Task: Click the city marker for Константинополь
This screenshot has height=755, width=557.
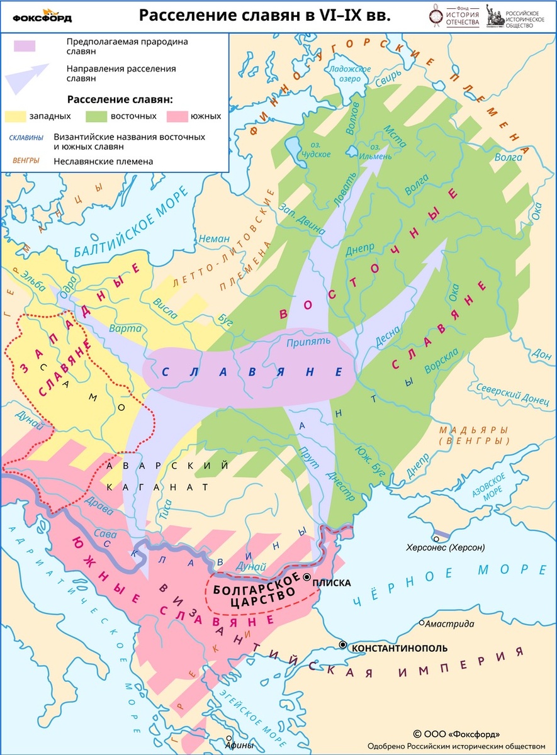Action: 343,645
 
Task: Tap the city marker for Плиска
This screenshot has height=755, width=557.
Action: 307,577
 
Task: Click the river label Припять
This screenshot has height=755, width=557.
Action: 308,342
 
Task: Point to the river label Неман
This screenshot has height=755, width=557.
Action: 210,238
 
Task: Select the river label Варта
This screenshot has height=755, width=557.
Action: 120,328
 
